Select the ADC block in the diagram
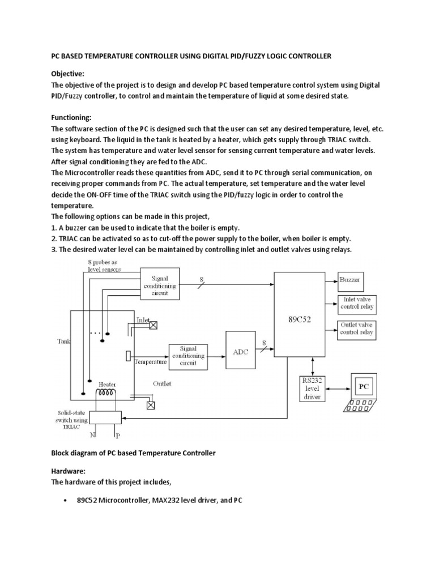click(x=241, y=351)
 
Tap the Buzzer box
click(x=349, y=280)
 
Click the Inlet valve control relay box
click(x=357, y=304)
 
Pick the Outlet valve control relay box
click(x=357, y=329)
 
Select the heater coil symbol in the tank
click(x=105, y=393)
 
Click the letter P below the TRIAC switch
click(x=117, y=435)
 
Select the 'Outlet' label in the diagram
click(x=162, y=383)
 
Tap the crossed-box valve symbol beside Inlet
click(x=153, y=325)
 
